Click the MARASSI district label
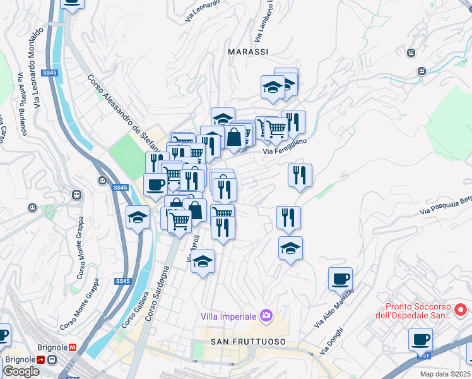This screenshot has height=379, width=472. pyautogui.click(x=248, y=51)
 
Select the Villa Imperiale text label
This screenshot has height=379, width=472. pyautogui.click(x=228, y=316)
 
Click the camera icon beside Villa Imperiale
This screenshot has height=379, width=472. pyautogui.click(x=266, y=315)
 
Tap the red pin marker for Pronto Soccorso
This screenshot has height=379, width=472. pyautogui.click(x=461, y=310)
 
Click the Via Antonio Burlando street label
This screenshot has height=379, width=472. pyautogui.click(x=23, y=104)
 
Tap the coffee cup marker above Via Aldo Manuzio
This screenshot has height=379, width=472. pyautogui.click(x=340, y=277)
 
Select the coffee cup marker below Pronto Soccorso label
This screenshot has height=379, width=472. pyautogui.click(x=420, y=339)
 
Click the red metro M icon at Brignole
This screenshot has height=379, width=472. pyautogui.click(x=73, y=347)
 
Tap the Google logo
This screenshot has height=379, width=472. pyautogui.click(x=21, y=371)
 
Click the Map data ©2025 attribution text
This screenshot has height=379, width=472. pyautogui.click(x=445, y=374)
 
